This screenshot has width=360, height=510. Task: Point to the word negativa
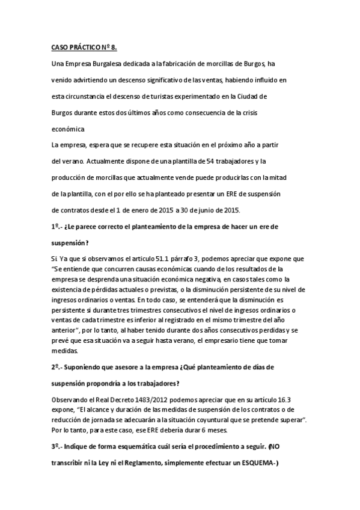[x=206, y=278]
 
